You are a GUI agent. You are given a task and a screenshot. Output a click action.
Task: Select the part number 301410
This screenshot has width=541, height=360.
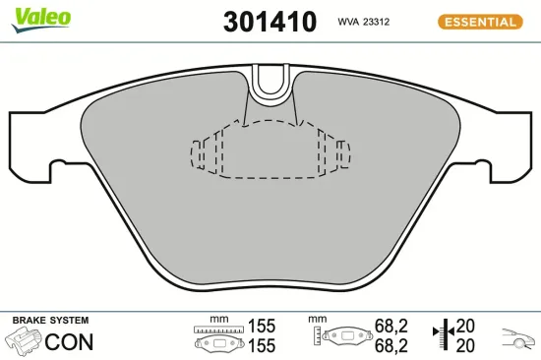click(270, 22)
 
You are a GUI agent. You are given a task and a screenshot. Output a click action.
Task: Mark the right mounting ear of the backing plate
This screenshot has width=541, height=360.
click(509, 143)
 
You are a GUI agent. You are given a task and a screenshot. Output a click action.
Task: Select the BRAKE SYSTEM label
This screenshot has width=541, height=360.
click(49, 321)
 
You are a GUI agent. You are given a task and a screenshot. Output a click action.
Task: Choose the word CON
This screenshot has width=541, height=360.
click(71, 342)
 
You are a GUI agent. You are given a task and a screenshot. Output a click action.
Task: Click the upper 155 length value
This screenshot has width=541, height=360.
click(262, 326)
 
